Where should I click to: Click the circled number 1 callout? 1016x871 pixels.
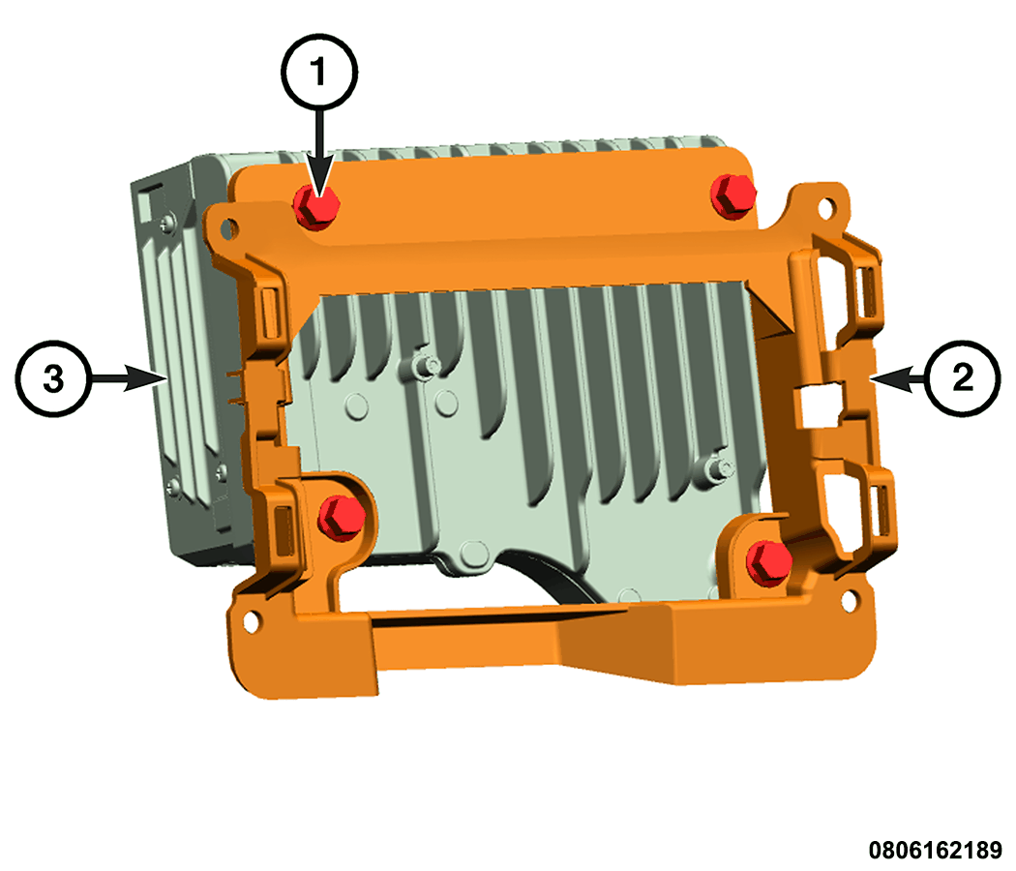pyautogui.click(x=318, y=72)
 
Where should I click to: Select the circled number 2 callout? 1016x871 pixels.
pyautogui.click(x=962, y=377)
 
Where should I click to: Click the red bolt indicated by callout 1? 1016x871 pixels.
pyautogui.click(x=316, y=206)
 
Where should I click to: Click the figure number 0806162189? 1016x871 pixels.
pyautogui.click(x=935, y=850)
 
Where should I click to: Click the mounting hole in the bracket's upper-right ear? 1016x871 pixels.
pyautogui.click(x=826, y=208)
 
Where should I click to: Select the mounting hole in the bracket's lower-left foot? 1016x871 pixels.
pyautogui.click(x=250, y=621)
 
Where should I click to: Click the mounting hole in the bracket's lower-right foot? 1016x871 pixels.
pyautogui.click(x=849, y=601)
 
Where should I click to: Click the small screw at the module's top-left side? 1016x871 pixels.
pyautogui.click(x=167, y=223)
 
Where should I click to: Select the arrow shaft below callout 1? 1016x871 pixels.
pyautogui.click(x=318, y=146)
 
